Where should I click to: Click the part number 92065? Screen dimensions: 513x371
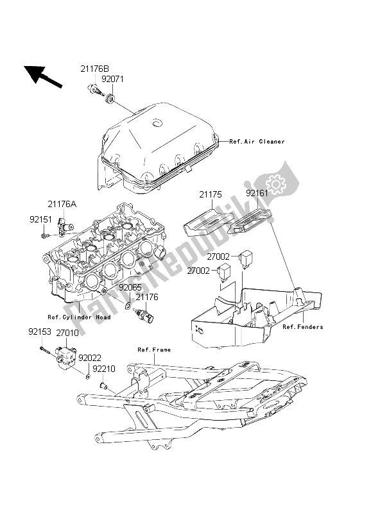pyautogui.click(x=130, y=289)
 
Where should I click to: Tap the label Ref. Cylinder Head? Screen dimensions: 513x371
pyautogui.click(x=80, y=317)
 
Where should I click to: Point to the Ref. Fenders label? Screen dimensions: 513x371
pyautogui.click(x=302, y=327)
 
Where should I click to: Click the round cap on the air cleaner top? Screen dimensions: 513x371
pyautogui.click(x=155, y=123)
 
